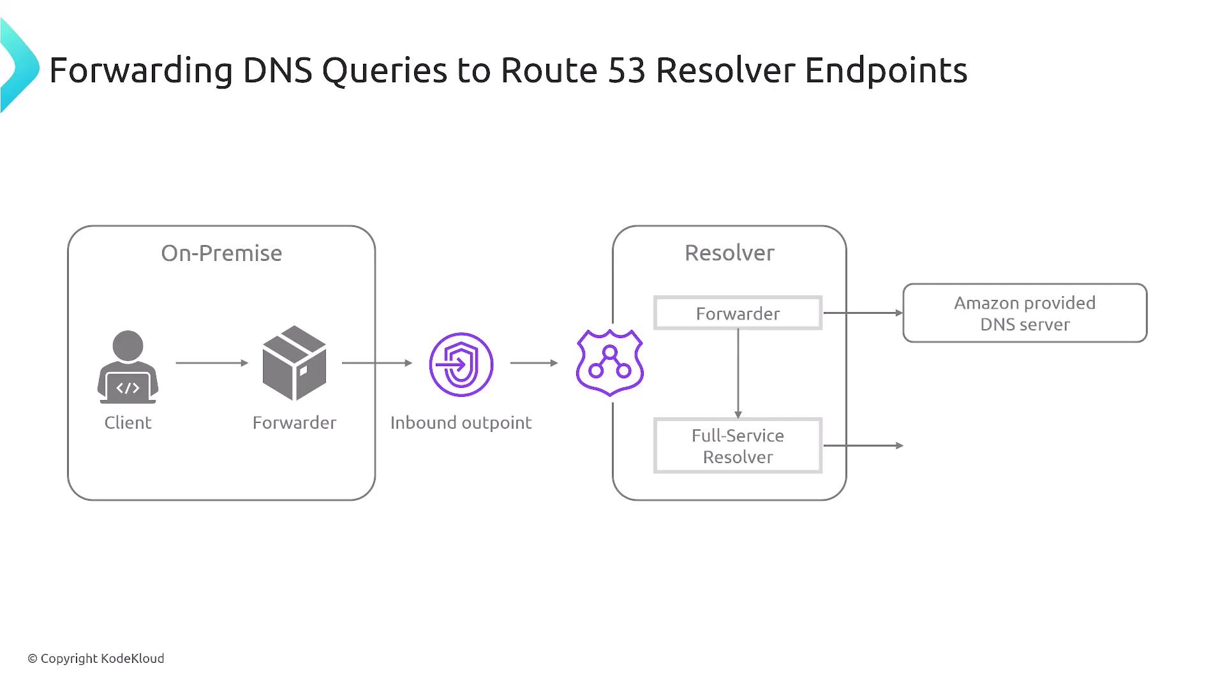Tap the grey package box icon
[x=294, y=363]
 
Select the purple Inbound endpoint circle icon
[x=461, y=364]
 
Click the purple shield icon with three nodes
[x=609, y=362]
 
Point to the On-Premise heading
[x=221, y=253]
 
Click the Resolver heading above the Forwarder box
[x=729, y=253]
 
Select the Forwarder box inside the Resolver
[x=738, y=313]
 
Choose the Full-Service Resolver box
[x=738, y=446]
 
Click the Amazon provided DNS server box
[x=1025, y=313]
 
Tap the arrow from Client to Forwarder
[x=211, y=363]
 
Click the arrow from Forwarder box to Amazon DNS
[x=863, y=313]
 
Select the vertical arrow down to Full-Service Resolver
[x=738, y=373]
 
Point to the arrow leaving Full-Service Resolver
[x=863, y=445]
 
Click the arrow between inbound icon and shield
[x=534, y=363]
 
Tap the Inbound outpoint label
[x=461, y=422]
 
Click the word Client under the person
[x=128, y=422]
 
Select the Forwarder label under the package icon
[x=294, y=422]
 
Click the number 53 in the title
[x=627, y=70]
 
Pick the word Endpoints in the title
[x=886, y=70]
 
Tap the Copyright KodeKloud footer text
[x=96, y=658]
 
